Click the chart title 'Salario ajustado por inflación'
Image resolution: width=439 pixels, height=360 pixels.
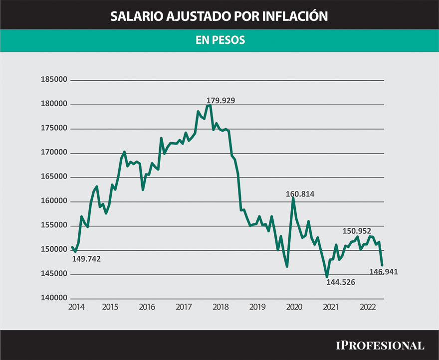click(219, 16)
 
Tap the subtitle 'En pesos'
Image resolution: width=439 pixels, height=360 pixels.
click(219, 40)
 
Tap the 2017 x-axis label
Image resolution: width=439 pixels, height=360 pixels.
click(184, 307)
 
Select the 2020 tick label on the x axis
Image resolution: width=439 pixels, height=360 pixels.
click(294, 307)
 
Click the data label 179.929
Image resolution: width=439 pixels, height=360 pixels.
click(220, 100)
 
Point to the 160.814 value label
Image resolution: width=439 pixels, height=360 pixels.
click(300, 194)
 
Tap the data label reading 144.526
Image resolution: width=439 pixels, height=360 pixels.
click(341, 282)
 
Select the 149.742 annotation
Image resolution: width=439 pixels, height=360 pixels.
click(86, 259)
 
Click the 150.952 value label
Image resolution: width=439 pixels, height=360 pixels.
click(357, 231)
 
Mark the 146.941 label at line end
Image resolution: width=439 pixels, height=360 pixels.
click(384, 272)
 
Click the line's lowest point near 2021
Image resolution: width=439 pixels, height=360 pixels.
click(327, 277)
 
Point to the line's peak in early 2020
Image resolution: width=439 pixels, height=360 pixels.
click(293, 198)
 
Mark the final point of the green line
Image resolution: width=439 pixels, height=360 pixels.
click(382, 265)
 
